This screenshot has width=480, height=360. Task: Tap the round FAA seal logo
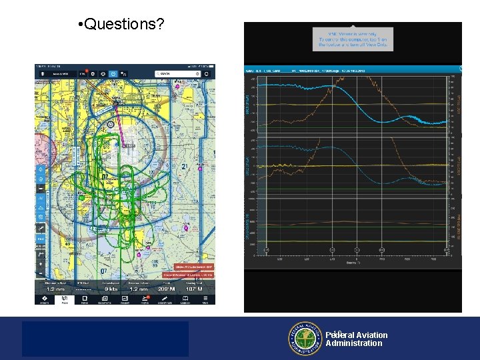[x=305, y=339]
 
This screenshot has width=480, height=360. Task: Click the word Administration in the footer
[x=354, y=344]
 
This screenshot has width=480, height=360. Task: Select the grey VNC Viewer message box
[x=353, y=39]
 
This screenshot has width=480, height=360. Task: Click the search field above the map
[x=176, y=73]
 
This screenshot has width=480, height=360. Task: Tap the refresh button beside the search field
[x=207, y=73]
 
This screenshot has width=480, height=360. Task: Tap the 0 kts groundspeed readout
[x=110, y=289]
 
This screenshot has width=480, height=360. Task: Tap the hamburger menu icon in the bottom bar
[x=205, y=299]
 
